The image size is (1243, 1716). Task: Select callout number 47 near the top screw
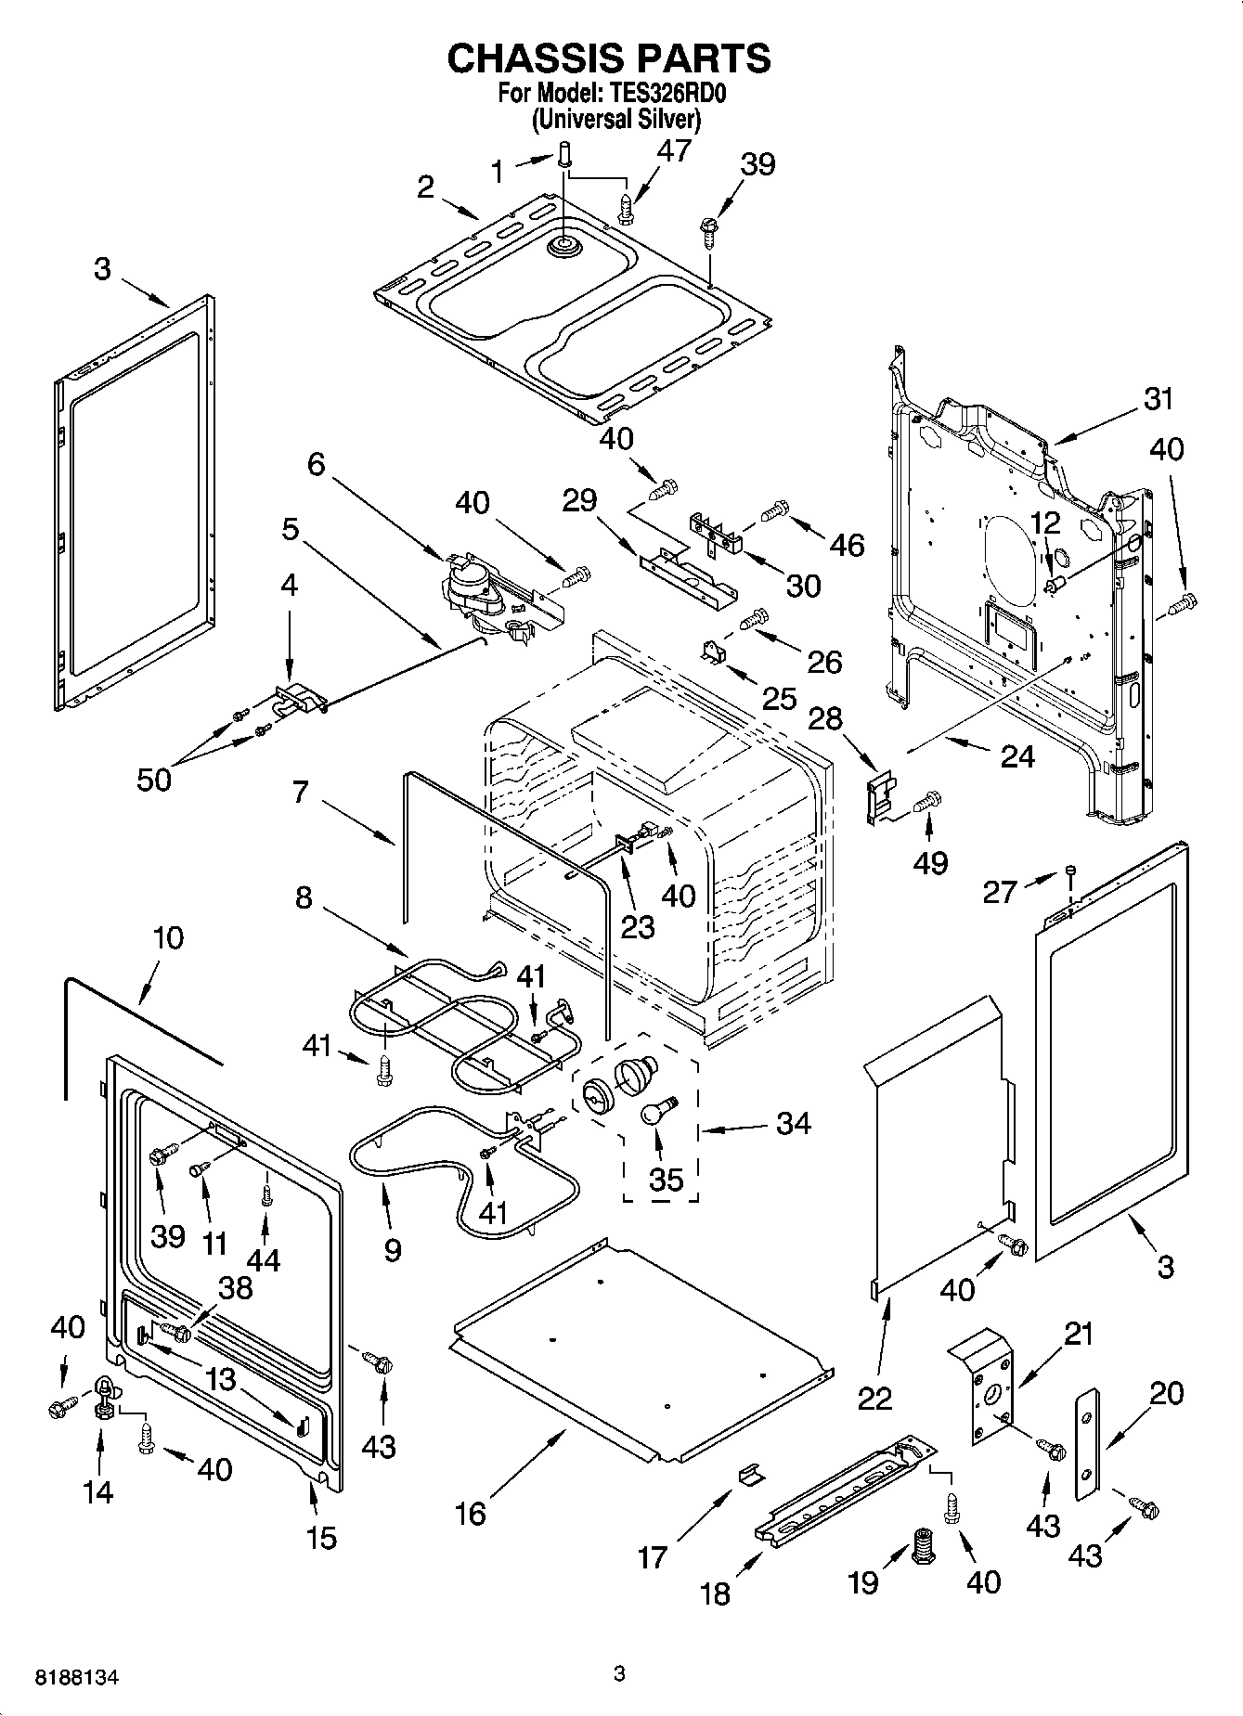(675, 150)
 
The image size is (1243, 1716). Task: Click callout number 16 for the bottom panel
(471, 1514)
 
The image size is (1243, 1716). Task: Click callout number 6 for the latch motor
(317, 464)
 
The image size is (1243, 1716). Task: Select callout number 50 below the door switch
(154, 779)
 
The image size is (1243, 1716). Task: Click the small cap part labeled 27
(1070, 870)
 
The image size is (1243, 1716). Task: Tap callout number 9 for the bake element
(392, 1249)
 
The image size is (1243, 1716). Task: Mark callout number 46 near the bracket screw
(846, 545)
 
